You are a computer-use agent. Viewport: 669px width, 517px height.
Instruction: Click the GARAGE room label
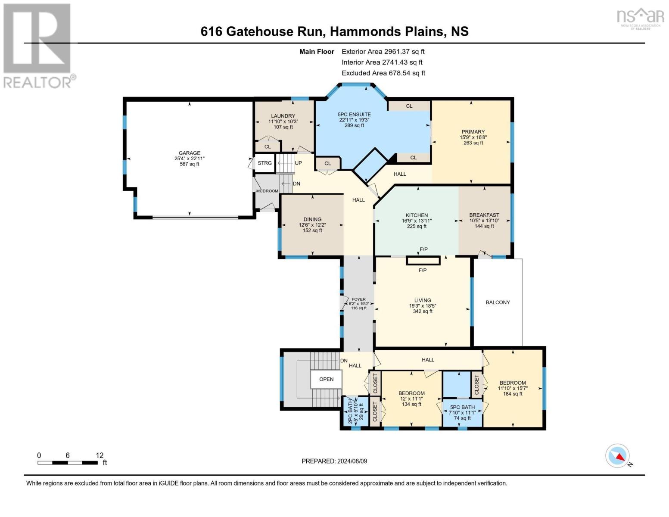[190, 153]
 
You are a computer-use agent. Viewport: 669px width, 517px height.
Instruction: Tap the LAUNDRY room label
[283, 116]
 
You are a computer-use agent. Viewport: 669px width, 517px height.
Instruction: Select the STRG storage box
[264, 163]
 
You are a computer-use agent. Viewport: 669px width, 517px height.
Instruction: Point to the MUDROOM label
[267, 191]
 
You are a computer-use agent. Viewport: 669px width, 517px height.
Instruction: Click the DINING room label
[312, 219]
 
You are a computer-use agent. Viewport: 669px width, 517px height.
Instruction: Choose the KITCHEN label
[417, 215]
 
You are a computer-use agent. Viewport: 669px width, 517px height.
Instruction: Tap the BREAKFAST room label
[484, 215]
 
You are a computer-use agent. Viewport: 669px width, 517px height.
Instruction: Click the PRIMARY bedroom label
[473, 132]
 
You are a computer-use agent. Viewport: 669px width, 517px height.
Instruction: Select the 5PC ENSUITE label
[354, 115]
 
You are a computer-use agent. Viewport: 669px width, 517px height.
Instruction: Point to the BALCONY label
[498, 302]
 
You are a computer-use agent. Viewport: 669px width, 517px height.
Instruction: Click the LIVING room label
[423, 300]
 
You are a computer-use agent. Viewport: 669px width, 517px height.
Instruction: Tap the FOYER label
[358, 299]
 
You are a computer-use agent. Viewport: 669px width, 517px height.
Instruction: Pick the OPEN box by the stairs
[326, 380]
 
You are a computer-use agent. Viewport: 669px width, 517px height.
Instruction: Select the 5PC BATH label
[462, 407]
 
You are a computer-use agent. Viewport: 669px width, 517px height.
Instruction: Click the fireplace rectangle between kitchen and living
[423, 261]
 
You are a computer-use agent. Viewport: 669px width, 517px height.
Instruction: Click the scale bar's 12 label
[100, 455]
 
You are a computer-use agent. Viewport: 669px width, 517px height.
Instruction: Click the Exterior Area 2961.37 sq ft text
[383, 51]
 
